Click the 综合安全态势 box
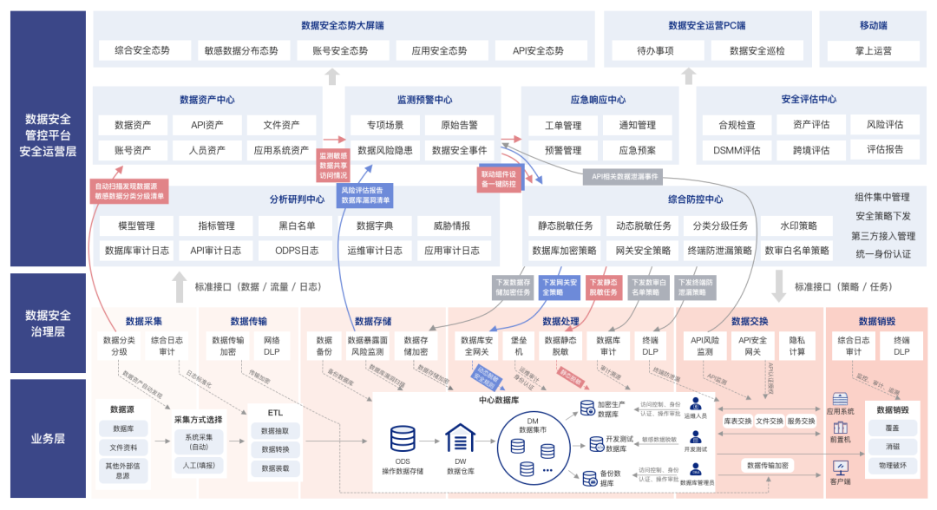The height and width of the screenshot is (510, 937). click(142, 51)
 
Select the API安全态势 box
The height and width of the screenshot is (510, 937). click(538, 51)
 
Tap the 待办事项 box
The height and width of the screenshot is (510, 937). click(655, 51)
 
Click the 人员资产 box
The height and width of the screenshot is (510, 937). click(206, 150)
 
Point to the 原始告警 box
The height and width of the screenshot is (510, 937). click(460, 125)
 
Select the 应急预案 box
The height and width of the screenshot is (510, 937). click(638, 150)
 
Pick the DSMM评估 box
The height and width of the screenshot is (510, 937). click(737, 150)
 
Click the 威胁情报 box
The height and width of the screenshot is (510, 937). click(445, 226)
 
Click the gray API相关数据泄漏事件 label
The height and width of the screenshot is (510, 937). click(625, 176)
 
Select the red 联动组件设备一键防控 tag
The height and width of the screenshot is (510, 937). click(498, 179)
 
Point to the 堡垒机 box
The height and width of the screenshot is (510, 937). click(519, 346)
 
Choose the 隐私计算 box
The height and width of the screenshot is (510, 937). click(796, 346)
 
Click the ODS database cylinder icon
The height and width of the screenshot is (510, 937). click(403, 438)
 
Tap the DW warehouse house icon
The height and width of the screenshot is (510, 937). click(460, 438)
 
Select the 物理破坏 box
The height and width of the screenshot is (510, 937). click(892, 465)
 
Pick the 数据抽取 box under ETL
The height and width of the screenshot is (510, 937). click(275, 430)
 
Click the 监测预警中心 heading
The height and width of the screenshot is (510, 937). click(424, 100)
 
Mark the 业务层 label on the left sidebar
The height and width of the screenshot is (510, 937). click(48, 439)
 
